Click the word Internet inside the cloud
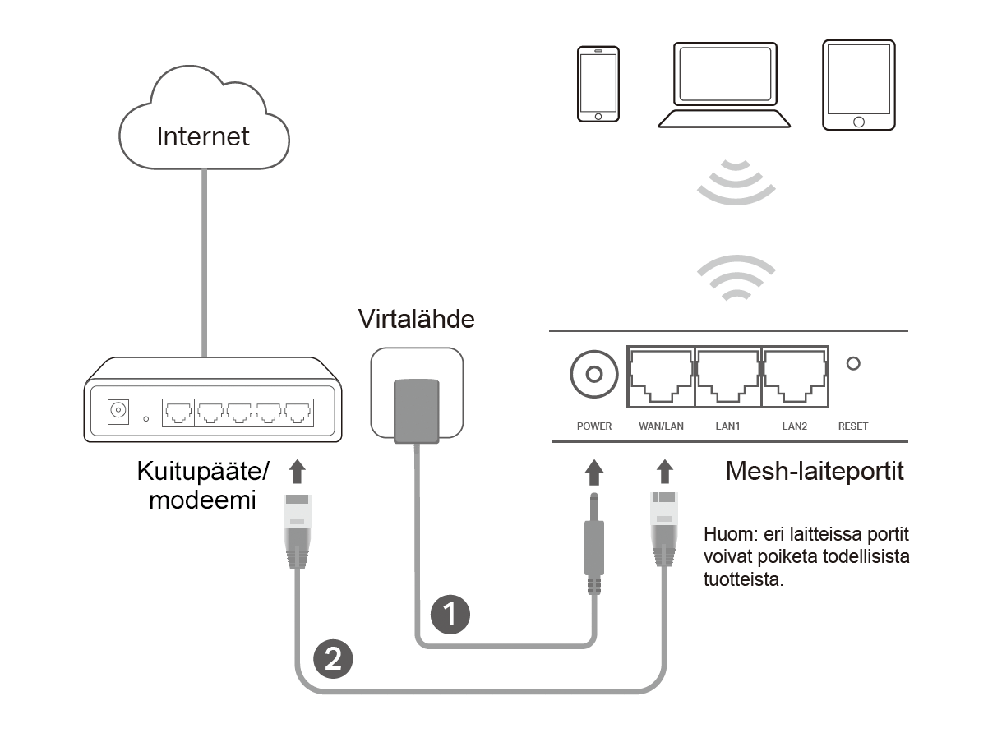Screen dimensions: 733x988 [x=203, y=136]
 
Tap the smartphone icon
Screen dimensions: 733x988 [x=598, y=85]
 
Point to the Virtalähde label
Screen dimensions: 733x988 [x=417, y=320]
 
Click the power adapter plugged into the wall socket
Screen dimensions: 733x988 [x=417, y=409]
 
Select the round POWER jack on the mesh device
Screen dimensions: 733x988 [x=593, y=376]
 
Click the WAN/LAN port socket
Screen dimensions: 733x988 [x=660, y=376]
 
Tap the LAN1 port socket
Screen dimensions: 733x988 [x=727, y=376]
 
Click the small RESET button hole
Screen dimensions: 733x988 [x=853, y=362]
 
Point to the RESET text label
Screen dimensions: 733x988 [x=852, y=426]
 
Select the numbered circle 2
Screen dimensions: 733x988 [x=333, y=658]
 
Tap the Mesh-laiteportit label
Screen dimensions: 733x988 [x=815, y=472]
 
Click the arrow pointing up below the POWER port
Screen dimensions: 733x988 [x=593, y=473]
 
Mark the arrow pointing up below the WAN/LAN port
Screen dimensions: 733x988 [x=664, y=473]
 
